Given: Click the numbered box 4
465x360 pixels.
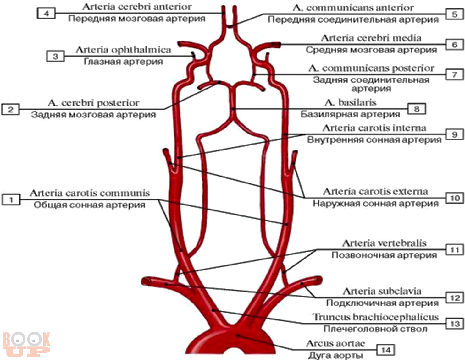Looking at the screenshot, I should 46,14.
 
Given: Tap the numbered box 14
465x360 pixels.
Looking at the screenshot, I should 386,350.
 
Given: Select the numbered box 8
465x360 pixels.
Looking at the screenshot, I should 417,109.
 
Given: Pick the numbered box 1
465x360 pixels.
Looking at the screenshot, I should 11,199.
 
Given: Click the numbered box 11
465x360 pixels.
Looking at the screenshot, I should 455,250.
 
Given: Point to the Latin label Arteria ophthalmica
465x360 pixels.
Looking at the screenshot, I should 123,50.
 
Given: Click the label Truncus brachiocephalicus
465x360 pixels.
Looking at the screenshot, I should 375,317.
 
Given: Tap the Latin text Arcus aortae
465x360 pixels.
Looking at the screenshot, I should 335,343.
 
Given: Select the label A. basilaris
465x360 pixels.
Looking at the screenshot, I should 350,102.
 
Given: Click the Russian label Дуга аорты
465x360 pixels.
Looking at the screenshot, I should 335,355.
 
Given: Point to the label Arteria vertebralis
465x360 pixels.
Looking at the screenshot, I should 384,243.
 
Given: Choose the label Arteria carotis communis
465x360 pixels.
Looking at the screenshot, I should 90,193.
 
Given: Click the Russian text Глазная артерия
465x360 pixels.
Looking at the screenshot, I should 123,62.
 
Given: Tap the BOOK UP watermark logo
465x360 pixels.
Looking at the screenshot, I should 26,344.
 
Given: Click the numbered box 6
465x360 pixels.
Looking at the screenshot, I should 455,45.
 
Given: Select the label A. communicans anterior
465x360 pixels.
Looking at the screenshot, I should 353,8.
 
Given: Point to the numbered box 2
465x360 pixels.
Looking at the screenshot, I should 11,109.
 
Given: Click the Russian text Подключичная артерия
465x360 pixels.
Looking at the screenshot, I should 382,303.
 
